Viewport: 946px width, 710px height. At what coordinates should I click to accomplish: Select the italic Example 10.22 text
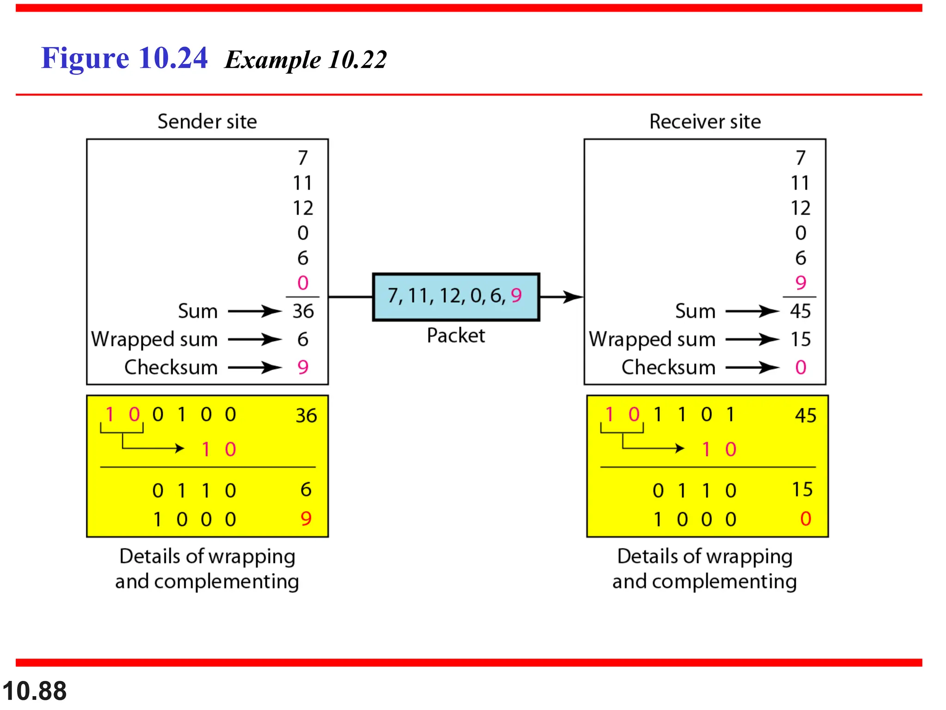[x=305, y=60]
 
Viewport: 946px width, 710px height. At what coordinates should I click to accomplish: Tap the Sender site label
[x=207, y=122]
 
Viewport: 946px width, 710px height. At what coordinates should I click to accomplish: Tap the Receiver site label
[x=705, y=122]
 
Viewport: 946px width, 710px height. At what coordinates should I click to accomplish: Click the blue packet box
[x=455, y=296]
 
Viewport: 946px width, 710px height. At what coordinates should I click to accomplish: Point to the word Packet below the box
[x=455, y=336]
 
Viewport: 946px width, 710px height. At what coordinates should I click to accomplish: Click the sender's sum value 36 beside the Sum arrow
[x=303, y=311]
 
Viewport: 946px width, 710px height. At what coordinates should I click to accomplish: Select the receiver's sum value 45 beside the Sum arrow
[x=800, y=311]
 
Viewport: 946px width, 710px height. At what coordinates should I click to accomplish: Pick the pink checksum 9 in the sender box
[x=303, y=367]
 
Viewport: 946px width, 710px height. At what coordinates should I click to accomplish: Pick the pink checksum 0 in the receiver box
[x=800, y=367]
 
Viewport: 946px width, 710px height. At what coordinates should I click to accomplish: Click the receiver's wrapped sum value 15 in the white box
[x=800, y=339]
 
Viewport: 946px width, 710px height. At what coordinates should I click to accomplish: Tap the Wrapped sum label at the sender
[x=154, y=339]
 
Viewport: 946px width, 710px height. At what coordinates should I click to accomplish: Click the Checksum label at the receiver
[x=668, y=367]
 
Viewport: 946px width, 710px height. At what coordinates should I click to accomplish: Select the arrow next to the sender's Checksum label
[x=255, y=367]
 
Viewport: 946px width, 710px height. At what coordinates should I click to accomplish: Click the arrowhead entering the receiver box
[x=574, y=296]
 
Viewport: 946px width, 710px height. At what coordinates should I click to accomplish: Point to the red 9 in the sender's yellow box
[x=306, y=519]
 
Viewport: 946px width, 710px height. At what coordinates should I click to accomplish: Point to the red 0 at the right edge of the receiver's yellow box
[x=806, y=519]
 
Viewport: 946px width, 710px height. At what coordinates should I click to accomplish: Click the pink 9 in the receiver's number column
[x=800, y=282]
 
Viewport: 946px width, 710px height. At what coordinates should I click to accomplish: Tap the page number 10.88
[x=35, y=691]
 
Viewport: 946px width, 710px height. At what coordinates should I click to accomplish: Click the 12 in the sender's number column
[x=303, y=208]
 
